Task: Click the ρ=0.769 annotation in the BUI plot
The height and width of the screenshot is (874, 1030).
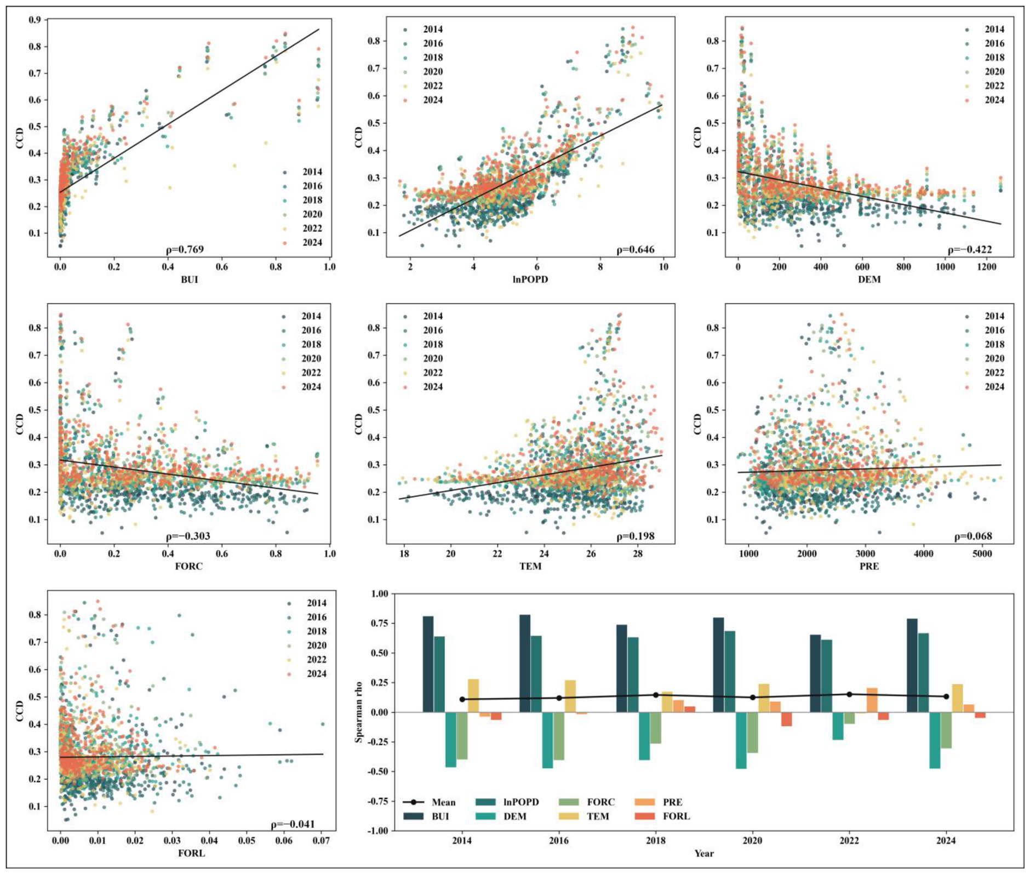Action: pyautogui.click(x=185, y=250)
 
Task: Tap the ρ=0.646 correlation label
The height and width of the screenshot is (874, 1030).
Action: pyautogui.click(x=636, y=250)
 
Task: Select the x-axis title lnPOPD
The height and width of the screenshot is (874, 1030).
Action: pyautogui.click(x=530, y=279)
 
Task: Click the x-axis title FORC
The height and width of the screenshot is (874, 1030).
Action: pyautogui.click(x=189, y=566)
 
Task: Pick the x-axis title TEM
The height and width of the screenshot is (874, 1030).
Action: pyautogui.click(x=530, y=566)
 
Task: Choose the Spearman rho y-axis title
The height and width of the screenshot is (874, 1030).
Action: pyautogui.click(x=359, y=712)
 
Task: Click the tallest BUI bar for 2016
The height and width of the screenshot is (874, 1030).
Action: pyautogui.click(x=525, y=664)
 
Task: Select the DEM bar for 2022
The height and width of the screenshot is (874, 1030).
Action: pyautogui.click(x=838, y=726)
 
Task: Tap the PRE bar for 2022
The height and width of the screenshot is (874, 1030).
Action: pyautogui.click(x=872, y=700)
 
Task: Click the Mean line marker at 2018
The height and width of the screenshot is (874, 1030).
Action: pyautogui.click(x=656, y=695)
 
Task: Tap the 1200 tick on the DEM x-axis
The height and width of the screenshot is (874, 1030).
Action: pyautogui.click(x=986, y=267)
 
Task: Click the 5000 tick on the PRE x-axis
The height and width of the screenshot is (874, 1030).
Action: pyautogui.click(x=982, y=554)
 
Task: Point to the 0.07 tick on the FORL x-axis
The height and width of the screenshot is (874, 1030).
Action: pyautogui.click(x=321, y=840)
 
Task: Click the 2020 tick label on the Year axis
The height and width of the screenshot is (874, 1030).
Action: pyautogui.click(x=752, y=841)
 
